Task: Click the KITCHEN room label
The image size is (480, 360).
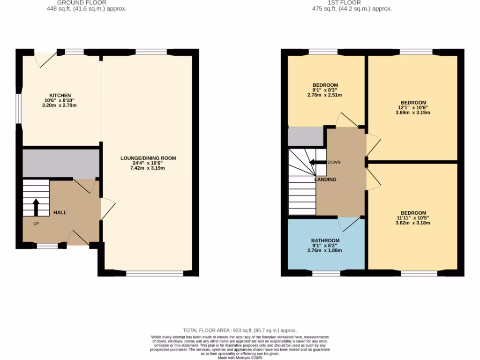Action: (x=60, y=95)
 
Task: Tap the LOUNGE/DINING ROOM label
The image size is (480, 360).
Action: (x=148, y=158)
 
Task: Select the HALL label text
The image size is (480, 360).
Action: (x=60, y=212)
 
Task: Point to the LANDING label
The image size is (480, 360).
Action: (x=325, y=179)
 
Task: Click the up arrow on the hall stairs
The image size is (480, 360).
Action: (x=36, y=207)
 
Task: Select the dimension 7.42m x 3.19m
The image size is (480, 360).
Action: (x=148, y=168)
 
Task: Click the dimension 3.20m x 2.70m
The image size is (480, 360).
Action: (x=60, y=105)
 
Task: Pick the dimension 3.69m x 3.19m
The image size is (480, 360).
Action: (x=413, y=112)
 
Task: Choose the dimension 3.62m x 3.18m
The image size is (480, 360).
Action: (x=413, y=223)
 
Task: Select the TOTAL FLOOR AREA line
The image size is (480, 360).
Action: (x=240, y=330)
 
